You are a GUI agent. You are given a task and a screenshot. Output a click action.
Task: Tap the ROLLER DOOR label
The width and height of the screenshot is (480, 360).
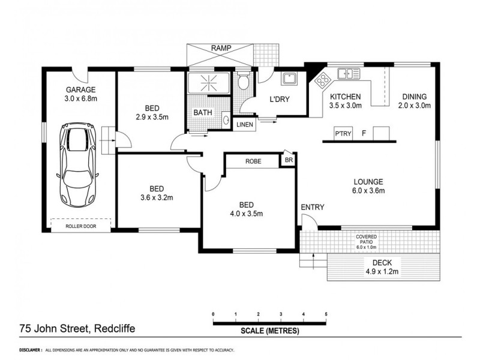tap(81, 227)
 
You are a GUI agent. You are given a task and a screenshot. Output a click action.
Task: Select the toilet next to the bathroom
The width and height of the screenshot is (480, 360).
tap(242, 83)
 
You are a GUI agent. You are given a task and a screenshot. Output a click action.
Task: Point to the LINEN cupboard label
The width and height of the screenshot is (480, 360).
tap(244, 125)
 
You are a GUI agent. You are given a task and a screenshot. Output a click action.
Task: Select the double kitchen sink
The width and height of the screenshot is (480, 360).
tap(347, 74)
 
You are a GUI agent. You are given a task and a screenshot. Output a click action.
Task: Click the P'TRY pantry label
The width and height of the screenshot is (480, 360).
tap(343, 133)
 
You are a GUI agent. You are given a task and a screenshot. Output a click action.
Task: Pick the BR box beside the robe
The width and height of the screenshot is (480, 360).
tap(288, 161)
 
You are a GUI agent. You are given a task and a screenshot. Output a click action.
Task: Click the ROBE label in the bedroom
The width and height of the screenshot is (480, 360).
tap(252, 161)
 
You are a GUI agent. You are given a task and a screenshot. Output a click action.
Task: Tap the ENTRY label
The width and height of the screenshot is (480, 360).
tap(313, 208)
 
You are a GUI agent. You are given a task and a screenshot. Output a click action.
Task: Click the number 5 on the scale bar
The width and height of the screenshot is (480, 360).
tap(326, 314)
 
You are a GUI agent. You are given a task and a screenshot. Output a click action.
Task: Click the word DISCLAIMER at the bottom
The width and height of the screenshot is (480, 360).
tap(29, 349)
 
